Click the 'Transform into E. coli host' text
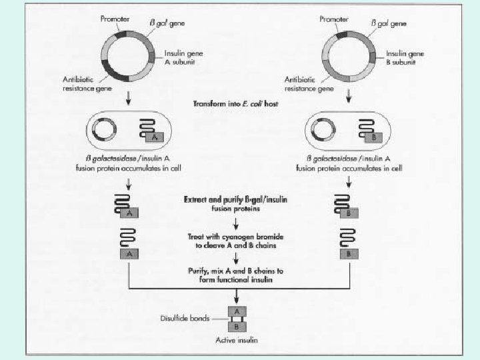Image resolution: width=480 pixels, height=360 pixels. coord(240,105)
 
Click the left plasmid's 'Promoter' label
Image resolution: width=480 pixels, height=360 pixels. coord(114,18)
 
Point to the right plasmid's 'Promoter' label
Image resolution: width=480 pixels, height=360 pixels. coord(335,18)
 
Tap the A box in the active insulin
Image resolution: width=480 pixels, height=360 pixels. coord(237,311)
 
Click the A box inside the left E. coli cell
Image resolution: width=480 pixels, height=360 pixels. coord(155,138)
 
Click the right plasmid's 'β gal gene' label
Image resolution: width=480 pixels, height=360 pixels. coord(389,25)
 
